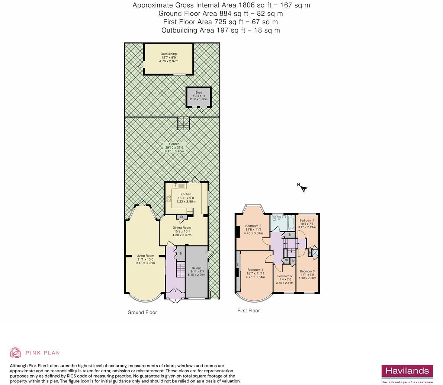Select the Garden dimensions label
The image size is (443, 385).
pos(174,148)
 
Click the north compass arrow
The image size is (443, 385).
pos(304,189)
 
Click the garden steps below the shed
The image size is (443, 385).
pos(184,123)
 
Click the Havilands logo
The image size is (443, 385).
pos(407,372)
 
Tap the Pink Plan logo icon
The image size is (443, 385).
pos(16,352)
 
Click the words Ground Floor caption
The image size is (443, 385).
pos(142,312)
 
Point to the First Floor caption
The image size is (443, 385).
pos(248,310)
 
